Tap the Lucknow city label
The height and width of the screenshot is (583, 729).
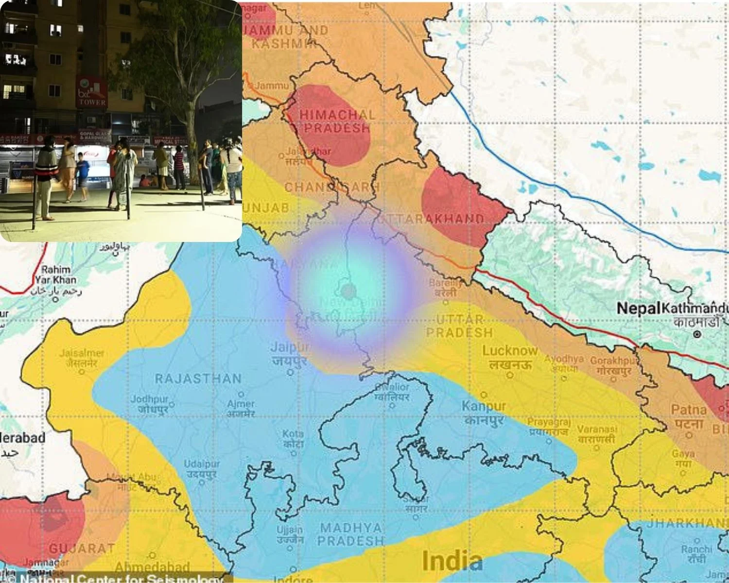point(510,351)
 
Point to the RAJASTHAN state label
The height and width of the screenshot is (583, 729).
point(198,378)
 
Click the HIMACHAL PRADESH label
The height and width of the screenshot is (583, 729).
point(337,121)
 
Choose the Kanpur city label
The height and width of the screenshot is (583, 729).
point(484,406)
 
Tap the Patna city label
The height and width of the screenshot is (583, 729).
point(689,410)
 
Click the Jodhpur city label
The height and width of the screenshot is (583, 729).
point(149,399)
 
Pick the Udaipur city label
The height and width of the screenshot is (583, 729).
point(202,464)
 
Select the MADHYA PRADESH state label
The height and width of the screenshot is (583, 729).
point(351,534)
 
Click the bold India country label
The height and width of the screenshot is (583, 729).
point(452,561)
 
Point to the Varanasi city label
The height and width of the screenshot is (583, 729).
point(597,429)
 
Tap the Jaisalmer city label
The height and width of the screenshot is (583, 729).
point(82,353)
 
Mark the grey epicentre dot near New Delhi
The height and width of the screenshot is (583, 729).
point(348,291)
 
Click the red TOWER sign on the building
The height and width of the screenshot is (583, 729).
point(91,92)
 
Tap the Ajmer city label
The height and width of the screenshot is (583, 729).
point(241,404)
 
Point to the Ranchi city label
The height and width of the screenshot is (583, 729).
point(696,549)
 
